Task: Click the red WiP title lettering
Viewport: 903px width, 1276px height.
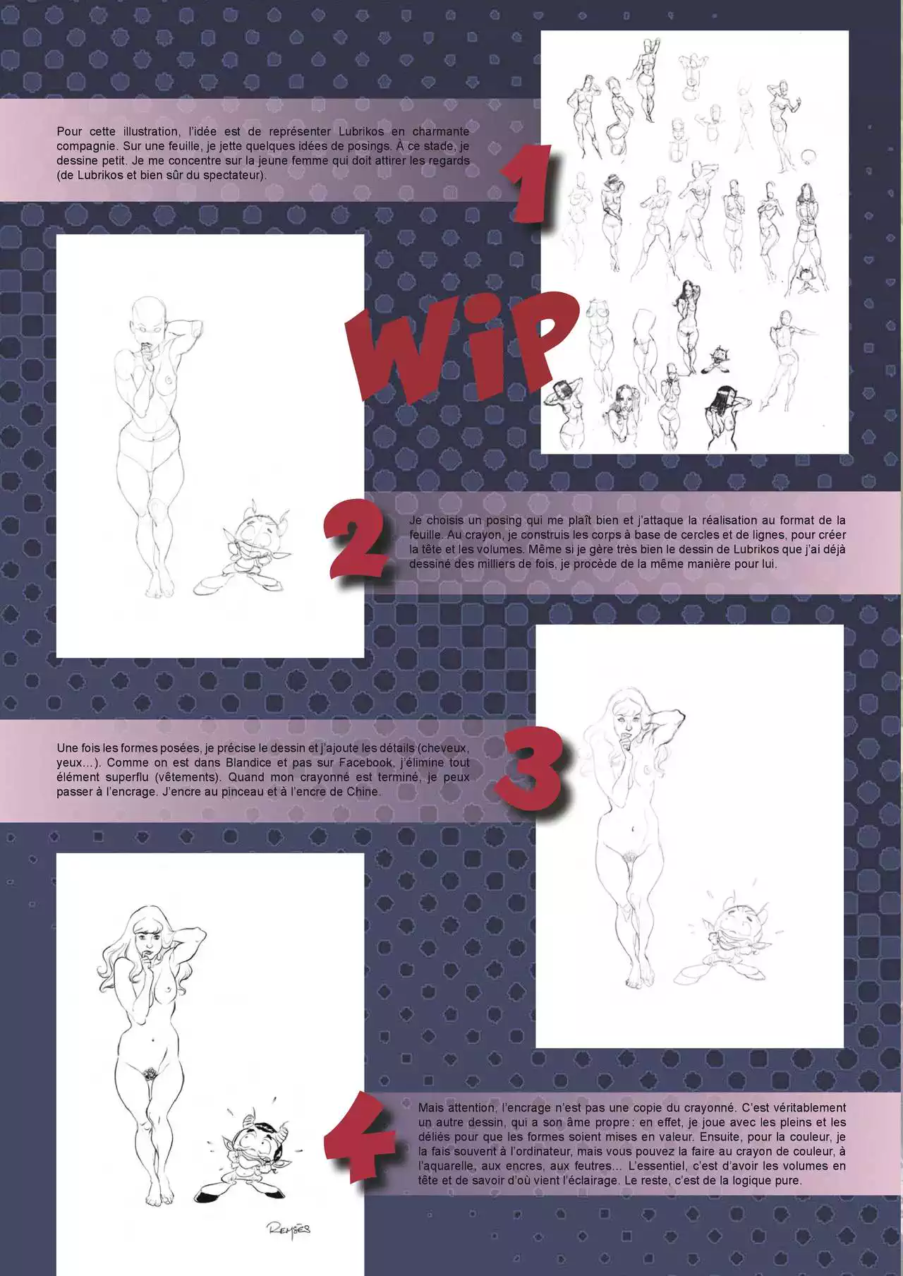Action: (459, 349)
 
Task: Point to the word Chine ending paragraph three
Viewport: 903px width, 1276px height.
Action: (364, 792)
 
